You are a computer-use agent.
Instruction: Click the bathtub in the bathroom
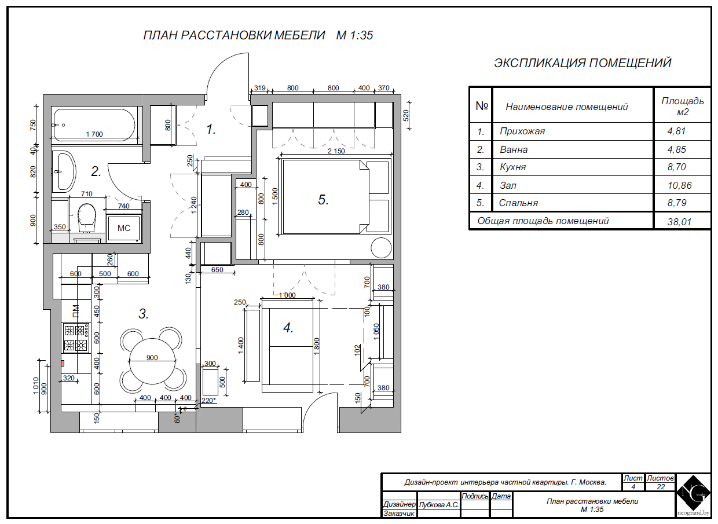pyautogui.click(x=94, y=125)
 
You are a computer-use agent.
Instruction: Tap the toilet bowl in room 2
pyautogui.click(x=86, y=217)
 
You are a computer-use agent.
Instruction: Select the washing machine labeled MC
pyautogui.click(x=124, y=228)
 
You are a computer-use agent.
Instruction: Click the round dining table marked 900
pyautogui.click(x=152, y=361)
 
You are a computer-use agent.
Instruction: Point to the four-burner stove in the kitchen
pyautogui.click(x=76, y=338)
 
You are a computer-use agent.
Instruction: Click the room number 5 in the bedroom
pyautogui.click(x=323, y=200)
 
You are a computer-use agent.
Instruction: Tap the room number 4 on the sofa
pyautogui.click(x=288, y=328)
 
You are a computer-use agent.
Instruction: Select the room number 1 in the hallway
pyautogui.click(x=211, y=129)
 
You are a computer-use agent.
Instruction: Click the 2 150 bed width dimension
pyautogui.click(x=336, y=151)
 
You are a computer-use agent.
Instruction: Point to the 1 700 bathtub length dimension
pyautogui.click(x=94, y=134)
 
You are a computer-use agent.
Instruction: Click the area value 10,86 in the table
pyautogui.click(x=679, y=185)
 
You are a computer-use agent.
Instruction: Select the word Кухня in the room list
pyautogui.click(x=513, y=167)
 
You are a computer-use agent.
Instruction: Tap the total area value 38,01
pyautogui.click(x=679, y=222)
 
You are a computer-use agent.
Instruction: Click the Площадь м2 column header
pyautogui.click(x=683, y=106)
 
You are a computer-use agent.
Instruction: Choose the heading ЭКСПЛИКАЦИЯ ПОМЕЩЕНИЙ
pyautogui.click(x=583, y=63)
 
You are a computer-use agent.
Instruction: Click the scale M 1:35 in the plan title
pyautogui.click(x=354, y=35)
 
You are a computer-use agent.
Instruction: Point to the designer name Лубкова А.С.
pyautogui.click(x=438, y=505)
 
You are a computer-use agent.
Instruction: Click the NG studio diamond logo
pyautogui.click(x=693, y=493)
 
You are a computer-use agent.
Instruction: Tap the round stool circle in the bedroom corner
pyautogui.click(x=381, y=248)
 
